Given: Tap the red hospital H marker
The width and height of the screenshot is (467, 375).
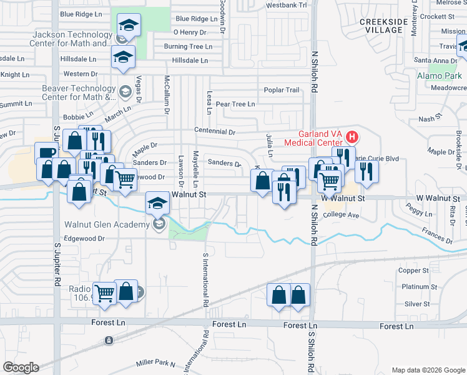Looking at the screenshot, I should coord(352,136).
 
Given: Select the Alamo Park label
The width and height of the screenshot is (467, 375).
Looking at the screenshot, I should coord(440,76).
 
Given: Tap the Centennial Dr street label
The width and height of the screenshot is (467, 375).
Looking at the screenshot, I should coord(214,132).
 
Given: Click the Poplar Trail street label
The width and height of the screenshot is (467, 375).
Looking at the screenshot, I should coord(282,90).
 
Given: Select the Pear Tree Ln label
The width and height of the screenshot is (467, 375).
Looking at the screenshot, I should coord(235,104).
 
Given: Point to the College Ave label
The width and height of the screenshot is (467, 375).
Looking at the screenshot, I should coord(342,215).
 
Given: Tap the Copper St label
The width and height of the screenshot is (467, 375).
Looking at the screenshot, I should coord(414,271).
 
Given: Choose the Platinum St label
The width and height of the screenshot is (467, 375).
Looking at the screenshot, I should coord(415,287).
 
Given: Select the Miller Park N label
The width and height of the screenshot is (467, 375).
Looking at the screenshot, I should coord(156,362).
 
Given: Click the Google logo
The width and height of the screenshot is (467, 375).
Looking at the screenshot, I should coord(20,367).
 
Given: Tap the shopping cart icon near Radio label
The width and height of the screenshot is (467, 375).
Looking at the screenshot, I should coord(104,292).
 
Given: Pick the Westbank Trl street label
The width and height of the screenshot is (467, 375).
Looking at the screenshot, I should coord(287,5).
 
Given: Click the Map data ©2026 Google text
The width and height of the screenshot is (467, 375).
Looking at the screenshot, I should coord(428,370).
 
